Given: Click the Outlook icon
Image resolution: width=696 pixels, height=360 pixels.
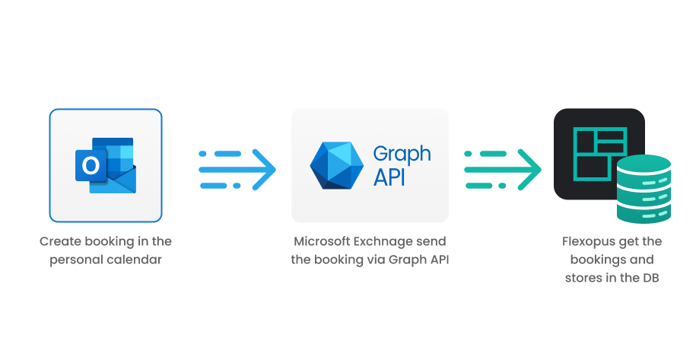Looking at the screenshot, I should point(105,165).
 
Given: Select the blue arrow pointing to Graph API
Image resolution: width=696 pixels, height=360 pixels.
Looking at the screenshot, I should point(237,169).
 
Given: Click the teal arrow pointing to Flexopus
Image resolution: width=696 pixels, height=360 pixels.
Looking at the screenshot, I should point(502,169).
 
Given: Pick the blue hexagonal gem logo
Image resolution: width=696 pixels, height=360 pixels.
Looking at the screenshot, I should point(338,165).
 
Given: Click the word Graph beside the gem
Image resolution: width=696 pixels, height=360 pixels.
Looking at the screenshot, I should point(402,154).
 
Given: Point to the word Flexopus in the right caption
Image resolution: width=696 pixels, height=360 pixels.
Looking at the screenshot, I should point(593,241).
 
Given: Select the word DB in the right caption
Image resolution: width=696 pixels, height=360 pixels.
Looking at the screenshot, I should point(650,278).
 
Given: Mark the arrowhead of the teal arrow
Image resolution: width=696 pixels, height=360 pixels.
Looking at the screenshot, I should point(529,169).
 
